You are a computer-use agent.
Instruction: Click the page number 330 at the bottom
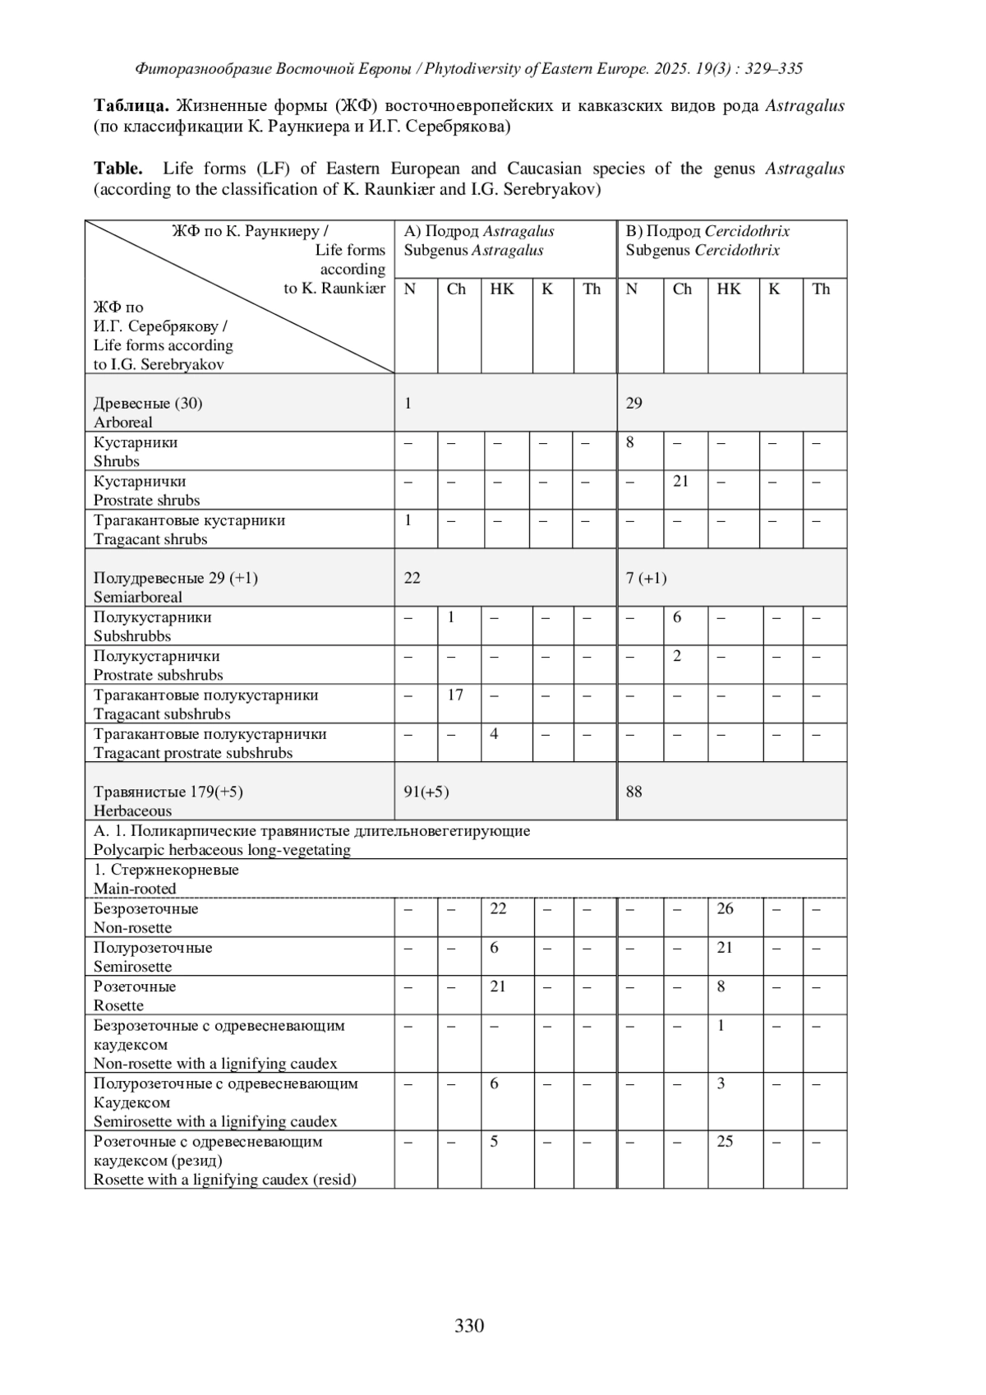click(469, 1325)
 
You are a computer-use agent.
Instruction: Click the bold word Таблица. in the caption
click(131, 106)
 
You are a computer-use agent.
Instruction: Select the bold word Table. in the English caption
click(117, 169)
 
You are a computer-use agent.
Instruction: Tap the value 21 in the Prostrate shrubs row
click(680, 481)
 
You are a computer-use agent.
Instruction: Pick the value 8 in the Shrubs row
click(630, 442)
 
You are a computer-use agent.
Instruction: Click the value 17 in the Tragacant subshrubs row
click(455, 695)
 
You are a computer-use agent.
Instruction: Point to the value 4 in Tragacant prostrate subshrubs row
click(494, 733)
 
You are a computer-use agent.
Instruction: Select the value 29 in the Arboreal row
click(634, 403)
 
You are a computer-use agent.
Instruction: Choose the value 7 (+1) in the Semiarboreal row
click(646, 578)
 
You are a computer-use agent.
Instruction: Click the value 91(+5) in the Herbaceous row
click(426, 792)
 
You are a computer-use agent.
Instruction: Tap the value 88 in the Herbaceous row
click(634, 792)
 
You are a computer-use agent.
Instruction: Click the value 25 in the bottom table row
click(725, 1141)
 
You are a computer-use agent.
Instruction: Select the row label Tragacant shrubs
click(150, 539)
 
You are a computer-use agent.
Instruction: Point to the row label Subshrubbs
click(132, 636)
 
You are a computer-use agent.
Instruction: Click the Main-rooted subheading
click(135, 889)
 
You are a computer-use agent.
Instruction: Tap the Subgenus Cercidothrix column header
click(703, 250)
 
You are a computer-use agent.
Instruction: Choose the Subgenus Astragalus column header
click(473, 250)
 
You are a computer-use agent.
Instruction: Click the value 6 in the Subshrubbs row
click(676, 617)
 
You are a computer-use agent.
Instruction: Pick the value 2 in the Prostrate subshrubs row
click(676, 656)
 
